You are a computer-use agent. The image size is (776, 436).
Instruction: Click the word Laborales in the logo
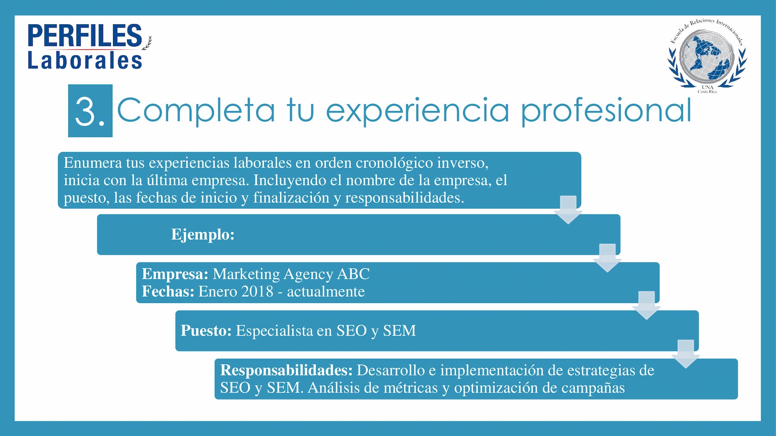coord(85,60)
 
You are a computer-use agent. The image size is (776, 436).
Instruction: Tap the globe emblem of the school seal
coord(707,56)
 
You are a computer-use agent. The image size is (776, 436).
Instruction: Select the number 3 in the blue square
coord(85,112)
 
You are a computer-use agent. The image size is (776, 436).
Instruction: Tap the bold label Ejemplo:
coord(203,234)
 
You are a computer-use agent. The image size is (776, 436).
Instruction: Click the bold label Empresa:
coord(175,274)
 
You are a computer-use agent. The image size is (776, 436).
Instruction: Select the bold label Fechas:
coord(168,292)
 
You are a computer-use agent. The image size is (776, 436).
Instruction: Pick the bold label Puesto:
coord(206,331)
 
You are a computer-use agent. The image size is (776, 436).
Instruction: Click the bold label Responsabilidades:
coord(286,371)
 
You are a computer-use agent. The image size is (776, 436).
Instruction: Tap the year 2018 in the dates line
coord(257,292)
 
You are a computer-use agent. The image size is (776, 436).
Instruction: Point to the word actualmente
coord(326,292)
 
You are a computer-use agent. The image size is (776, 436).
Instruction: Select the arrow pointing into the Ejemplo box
coord(568,210)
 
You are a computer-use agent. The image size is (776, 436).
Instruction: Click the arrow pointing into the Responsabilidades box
coord(685,354)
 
